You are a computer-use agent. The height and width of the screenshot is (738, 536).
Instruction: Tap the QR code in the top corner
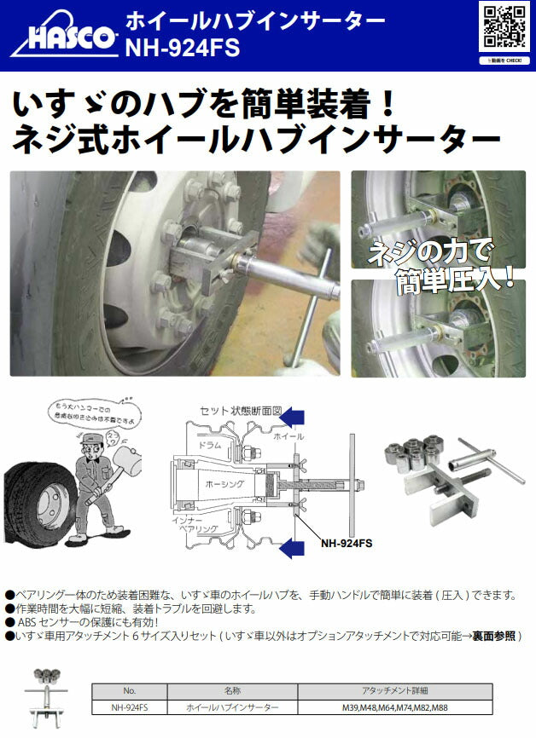pyautogui.click(x=504, y=26)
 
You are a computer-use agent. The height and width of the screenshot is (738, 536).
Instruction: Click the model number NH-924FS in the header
pyautogui.click(x=182, y=49)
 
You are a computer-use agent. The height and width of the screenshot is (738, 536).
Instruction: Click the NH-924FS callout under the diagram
pyautogui.click(x=346, y=541)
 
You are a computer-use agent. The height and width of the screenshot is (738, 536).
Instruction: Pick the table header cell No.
pyautogui.click(x=129, y=691)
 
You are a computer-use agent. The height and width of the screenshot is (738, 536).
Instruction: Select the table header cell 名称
pyautogui.click(x=232, y=691)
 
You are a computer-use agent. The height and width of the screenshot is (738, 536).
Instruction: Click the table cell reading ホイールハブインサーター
pyautogui.click(x=232, y=707)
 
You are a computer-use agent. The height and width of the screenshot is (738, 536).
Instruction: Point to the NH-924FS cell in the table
pyautogui.click(x=129, y=707)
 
